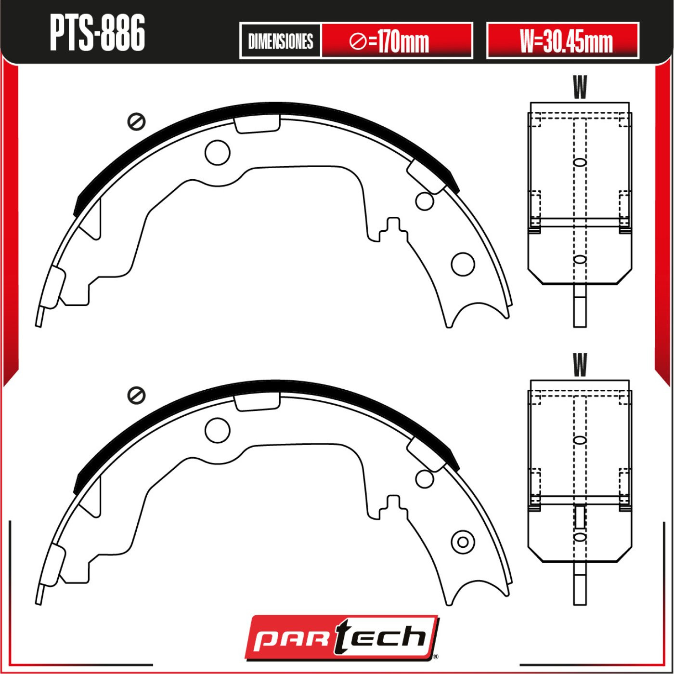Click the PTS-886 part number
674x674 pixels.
pyautogui.click(x=97, y=33)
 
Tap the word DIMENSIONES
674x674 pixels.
pyautogui.click(x=280, y=41)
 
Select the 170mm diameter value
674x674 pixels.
pyautogui.click(x=389, y=41)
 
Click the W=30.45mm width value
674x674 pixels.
pyautogui.click(x=566, y=41)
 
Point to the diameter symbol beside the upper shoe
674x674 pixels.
pyautogui.click(x=136, y=122)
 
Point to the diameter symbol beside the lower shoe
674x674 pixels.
pyautogui.click(x=136, y=396)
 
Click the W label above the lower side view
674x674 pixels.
pyautogui.click(x=580, y=364)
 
